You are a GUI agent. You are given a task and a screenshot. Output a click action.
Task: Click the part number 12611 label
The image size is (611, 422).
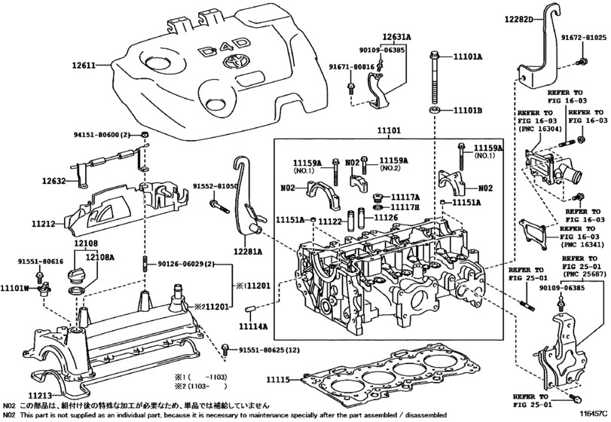[84, 65]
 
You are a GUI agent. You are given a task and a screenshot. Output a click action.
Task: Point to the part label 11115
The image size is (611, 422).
[279, 379]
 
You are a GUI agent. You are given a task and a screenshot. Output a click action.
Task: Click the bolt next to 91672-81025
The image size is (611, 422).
[582, 61]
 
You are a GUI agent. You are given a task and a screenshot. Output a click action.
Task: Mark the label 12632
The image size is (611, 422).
[54, 181]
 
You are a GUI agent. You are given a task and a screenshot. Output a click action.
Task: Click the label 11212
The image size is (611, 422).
[44, 224]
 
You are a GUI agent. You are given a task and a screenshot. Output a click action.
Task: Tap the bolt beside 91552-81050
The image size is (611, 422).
[219, 206]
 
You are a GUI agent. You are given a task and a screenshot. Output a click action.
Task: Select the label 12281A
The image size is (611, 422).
[248, 252]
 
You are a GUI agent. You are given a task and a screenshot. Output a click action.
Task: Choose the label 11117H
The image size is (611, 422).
[405, 207]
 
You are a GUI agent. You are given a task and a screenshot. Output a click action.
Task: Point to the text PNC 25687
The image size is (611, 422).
[584, 275]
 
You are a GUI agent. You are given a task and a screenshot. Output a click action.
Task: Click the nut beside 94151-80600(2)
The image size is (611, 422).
[145, 135]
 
